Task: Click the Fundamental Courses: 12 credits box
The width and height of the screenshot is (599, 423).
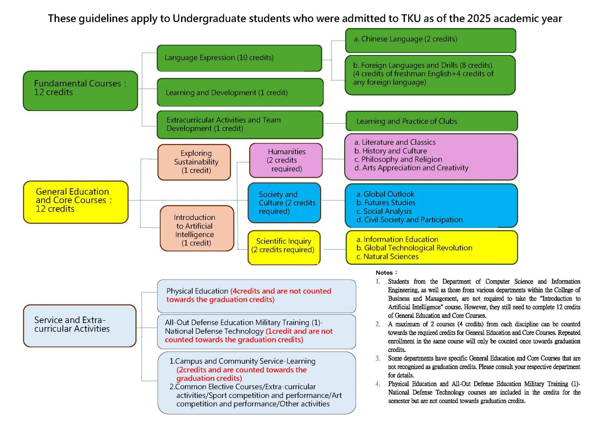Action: (80, 91)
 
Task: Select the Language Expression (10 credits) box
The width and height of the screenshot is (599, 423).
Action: (239, 58)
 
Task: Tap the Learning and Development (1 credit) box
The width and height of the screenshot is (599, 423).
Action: (240, 92)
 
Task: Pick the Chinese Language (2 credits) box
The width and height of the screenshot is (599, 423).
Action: (431, 41)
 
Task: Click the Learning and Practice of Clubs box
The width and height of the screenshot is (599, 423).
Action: (432, 121)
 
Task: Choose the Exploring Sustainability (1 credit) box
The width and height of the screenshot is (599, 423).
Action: (194, 162)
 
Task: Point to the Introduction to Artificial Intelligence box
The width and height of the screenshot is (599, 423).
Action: (197, 229)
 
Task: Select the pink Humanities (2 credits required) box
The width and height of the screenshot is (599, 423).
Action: (286, 160)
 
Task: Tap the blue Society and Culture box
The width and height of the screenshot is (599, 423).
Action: (284, 203)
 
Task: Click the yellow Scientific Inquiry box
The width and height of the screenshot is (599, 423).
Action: (284, 248)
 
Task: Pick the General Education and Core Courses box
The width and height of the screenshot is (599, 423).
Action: (76, 202)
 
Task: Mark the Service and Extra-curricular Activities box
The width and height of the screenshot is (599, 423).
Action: (80, 326)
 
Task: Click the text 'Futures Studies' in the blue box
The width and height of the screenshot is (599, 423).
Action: (390, 203)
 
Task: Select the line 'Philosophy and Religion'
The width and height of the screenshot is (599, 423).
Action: (398, 159)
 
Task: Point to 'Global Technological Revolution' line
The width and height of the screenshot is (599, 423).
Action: (414, 248)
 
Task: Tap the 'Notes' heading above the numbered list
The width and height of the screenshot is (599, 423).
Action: (384, 273)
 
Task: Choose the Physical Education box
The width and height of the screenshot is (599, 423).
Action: (257, 296)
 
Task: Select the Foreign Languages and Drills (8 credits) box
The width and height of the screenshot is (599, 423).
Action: (430, 75)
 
